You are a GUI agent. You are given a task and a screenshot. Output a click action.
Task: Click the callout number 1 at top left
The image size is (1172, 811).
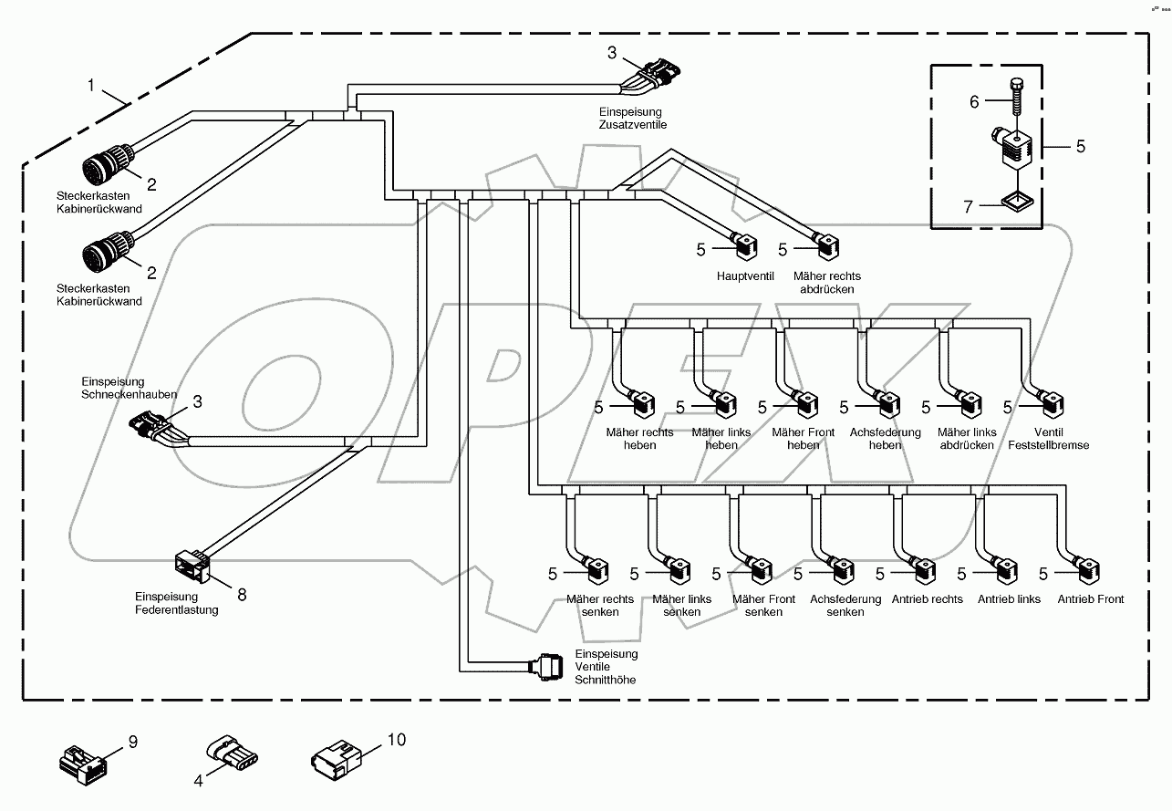(x=91, y=86)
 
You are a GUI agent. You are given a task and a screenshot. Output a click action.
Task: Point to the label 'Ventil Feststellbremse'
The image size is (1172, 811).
(x=1048, y=439)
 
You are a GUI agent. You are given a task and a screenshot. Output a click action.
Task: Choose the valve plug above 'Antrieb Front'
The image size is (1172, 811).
(x=1089, y=572)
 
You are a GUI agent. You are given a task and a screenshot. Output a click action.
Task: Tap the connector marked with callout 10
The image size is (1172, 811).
(x=335, y=756)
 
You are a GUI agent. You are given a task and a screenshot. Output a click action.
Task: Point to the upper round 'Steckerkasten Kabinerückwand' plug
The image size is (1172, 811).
(x=104, y=168)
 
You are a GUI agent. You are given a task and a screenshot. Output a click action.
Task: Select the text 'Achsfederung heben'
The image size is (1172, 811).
(x=885, y=439)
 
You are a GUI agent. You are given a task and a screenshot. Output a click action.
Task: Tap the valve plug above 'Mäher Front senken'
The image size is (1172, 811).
(x=760, y=572)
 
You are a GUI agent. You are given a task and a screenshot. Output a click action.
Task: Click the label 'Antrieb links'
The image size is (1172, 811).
(x=1009, y=599)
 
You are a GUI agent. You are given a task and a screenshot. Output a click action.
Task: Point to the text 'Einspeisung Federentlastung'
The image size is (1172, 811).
(x=175, y=603)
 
